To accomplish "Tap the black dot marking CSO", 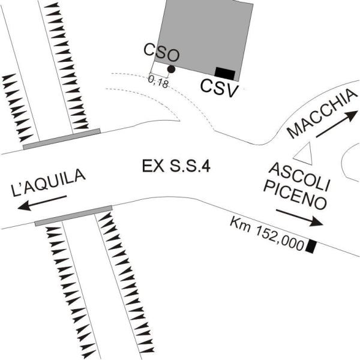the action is pos(171,69).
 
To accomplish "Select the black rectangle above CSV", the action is pos(225,74).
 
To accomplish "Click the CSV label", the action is pos(219,89).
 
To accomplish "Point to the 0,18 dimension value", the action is pos(158,82).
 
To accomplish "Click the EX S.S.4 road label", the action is pos(176,166).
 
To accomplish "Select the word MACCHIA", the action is pos(322,113).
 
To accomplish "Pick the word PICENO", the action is pos(295,195).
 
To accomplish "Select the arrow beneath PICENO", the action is pos(299,218).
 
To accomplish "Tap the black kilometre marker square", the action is pos(311,247).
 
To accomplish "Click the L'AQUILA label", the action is pos(49,182).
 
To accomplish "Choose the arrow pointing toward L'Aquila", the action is pos(42,203).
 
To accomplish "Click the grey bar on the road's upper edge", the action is pos(62,139).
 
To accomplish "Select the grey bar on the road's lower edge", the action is pos(73,216).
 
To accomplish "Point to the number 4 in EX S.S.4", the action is pos(206,166).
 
